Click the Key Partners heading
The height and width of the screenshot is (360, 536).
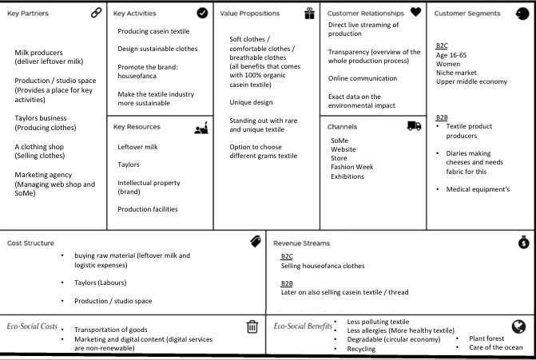pyautogui.click(x=27, y=14)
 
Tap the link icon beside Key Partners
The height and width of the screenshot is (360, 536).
pyautogui.click(x=97, y=13)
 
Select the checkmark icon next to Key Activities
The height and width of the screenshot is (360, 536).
pyautogui.click(x=202, y=13)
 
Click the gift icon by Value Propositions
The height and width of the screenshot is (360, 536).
pyautogui.click(x=309, y=13)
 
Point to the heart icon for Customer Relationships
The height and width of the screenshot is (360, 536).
pyautogui.click(x=415, y=12)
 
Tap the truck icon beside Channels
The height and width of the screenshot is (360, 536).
pyautogui.click(x=414, y=126)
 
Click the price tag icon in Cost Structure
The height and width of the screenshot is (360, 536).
pyautogui.click(x=255, y=242)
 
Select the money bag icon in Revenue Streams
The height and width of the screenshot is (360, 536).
pyautogui.click(x=522, y=243)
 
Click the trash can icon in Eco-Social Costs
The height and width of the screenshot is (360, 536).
pyautogui.click(x=252, y=326)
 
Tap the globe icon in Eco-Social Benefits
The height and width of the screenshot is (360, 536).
pyautogui.click(x=518, y=326)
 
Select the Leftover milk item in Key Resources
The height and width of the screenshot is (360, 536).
pyautogui.click(x=137, y=147)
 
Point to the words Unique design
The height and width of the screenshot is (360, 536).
pyautogui.click(x=251, y=102)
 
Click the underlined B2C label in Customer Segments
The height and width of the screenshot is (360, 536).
pyautogui.click(x=442, y=45)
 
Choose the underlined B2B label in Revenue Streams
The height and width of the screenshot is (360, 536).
pyautogui.click(x=287, y=283)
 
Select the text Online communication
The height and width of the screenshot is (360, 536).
pyautogui.click(x=362, y=78)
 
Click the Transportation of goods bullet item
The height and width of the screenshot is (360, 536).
pyautogui.click(x=110, y=330)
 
